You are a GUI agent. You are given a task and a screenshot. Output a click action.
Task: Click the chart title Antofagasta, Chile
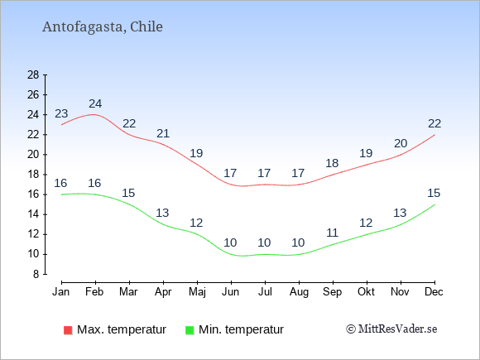click(103, 27)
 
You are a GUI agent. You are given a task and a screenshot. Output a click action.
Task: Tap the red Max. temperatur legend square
click(68, 330)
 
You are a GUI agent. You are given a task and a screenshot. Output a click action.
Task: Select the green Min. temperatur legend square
click(190, 330)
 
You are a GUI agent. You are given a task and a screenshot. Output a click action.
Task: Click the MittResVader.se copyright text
click(391, 329)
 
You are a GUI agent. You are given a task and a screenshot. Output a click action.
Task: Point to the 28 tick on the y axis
click(33, 74)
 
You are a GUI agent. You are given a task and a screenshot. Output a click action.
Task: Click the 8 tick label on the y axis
click(36, 274)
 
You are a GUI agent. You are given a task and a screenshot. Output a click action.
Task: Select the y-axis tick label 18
click(33, 175)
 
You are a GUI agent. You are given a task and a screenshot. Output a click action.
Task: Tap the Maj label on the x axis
click(197, 292)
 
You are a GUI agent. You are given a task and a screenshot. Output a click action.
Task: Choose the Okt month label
click(366, 292)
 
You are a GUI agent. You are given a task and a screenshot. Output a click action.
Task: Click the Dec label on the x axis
click(434, 292)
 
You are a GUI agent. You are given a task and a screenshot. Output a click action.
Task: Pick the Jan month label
click(61, 292)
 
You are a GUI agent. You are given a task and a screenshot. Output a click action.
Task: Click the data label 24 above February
click(95, 103)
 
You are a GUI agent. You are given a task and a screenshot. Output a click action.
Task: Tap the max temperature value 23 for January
click(61, 113)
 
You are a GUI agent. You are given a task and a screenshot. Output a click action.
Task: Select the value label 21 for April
click(163, 133)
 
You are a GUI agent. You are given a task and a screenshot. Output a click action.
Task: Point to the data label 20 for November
click(401, 143)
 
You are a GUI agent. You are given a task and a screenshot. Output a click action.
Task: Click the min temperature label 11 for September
click(332, 233)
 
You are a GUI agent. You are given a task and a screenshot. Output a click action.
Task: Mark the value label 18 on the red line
click(332, 164)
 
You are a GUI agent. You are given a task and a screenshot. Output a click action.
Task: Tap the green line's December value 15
click(434, 193)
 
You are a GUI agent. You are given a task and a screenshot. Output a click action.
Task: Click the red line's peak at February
click(94, 114)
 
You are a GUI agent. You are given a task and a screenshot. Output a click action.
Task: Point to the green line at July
click(265, 254)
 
